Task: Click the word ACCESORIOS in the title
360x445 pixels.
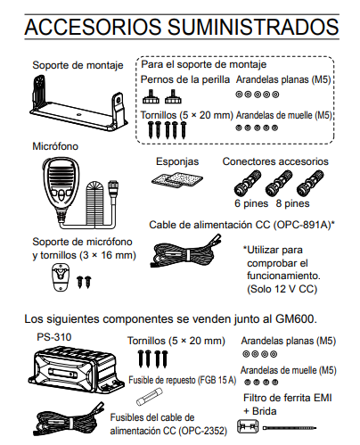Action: point(93,27)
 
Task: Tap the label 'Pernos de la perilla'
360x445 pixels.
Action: point(185,79)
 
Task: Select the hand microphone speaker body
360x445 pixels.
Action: point(61,185)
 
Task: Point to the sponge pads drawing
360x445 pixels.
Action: point(177,180)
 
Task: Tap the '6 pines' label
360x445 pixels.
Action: point(251,203)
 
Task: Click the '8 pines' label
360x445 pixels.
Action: point(292,203)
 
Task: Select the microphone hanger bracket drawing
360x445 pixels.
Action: point(61,277)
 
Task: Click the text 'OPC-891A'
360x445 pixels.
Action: point(302,225)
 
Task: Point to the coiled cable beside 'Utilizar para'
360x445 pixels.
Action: point(185,252)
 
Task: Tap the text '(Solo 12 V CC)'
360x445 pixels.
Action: point(282,289)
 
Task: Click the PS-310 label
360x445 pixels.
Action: point(54,337)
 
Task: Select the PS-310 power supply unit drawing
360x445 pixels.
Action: point(77,368)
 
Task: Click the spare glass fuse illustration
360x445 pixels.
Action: point(150,398)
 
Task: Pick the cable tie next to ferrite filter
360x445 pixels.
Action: point(290,428)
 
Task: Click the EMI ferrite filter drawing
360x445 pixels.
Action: point(248,426)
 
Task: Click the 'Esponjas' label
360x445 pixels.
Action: point(177,161)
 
